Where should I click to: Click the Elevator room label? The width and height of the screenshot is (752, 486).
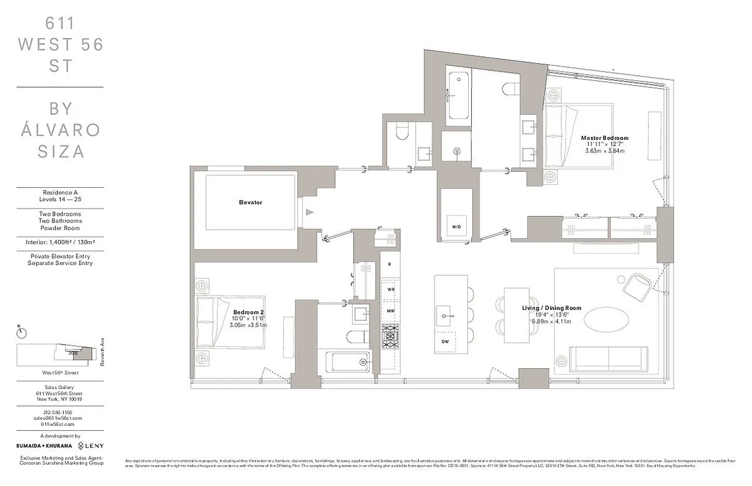pos(250,202)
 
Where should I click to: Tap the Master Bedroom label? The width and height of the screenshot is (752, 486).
pos(604,138)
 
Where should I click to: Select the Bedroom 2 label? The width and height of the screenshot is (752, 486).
pos(249,312)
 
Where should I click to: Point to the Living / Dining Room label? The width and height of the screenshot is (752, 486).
pos(551,308)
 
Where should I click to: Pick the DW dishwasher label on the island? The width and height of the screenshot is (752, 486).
pos(446,341)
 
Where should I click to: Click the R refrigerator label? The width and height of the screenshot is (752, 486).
pos(389,264)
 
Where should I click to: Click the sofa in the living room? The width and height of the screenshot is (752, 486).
pos(613,358)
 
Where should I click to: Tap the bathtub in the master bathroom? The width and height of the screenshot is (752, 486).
pos(458,95)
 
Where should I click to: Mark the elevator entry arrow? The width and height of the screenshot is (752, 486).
pos(310,212)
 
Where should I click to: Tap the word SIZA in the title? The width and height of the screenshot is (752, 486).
pos(60,151)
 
